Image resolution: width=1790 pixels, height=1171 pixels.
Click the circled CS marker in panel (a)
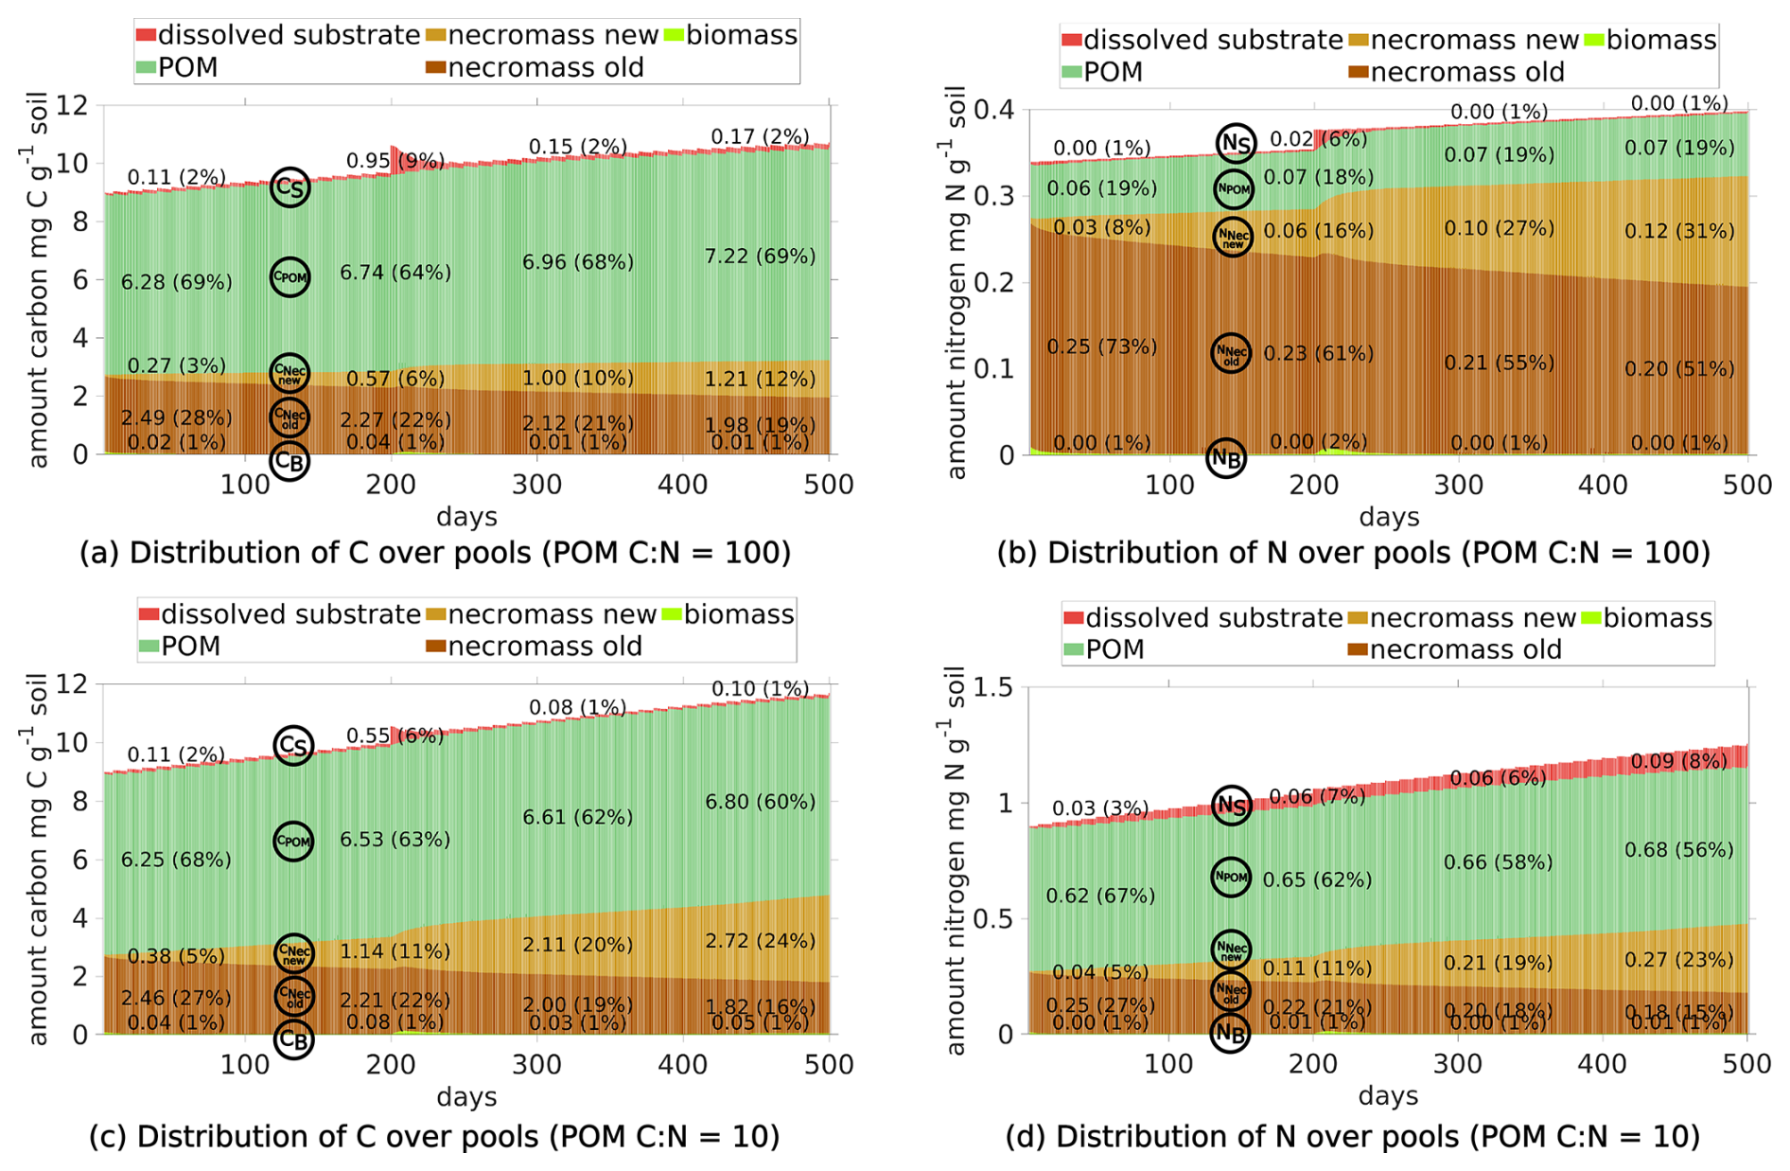[290, 187]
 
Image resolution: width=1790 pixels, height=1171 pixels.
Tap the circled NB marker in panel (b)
[1227, 459]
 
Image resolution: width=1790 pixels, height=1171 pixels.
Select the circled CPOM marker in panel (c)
[293, 841]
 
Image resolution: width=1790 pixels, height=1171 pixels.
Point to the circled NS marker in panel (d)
[1232, 806]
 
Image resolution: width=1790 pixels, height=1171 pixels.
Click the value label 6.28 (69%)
[177, 282]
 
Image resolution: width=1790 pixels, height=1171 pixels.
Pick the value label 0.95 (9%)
[395, 161]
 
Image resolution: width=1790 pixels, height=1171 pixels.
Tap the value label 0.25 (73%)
[1101, 346]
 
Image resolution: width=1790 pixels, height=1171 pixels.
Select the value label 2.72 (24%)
[760, 941]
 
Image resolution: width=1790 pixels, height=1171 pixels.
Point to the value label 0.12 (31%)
[1679, 231]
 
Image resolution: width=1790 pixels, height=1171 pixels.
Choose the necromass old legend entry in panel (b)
[1457, 72]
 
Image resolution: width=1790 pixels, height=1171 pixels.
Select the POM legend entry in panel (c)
[180, 647]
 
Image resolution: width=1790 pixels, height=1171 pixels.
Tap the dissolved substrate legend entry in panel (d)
[1202, 618]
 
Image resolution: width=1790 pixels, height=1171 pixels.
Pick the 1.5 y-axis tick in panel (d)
[996, 687]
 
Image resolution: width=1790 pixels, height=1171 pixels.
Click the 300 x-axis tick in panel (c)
[536, 1064]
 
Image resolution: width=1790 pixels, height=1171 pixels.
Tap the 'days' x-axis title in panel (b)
[1389, 517]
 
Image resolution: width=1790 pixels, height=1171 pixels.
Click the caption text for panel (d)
[1353, 1136]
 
